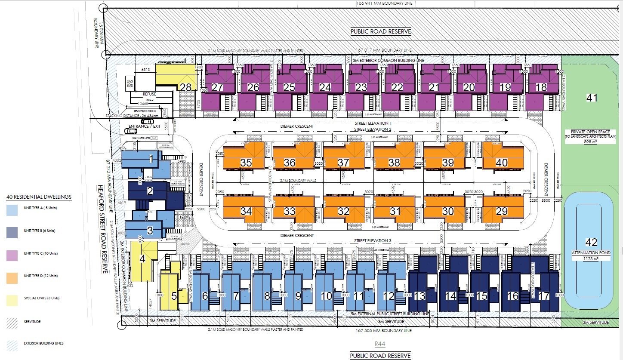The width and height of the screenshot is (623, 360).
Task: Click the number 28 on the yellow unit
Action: pos(185,87)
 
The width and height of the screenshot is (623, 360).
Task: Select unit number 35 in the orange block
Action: pos(246,163)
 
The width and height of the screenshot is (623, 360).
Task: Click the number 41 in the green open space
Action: pos(592,98)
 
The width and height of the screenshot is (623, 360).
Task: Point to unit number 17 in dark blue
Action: pos(544,296)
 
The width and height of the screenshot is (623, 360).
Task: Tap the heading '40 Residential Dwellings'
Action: pos(39,197)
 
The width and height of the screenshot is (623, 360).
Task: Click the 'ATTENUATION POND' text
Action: pos(591,252)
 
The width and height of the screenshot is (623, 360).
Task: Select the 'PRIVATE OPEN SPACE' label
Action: pos(591,132)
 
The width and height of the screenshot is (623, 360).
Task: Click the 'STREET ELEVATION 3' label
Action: pos(373,240)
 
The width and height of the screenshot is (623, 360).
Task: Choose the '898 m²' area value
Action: pos(591,142)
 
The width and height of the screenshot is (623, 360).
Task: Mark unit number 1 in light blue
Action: pos(151,160)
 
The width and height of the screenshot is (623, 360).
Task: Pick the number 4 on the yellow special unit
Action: pos(142,259)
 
